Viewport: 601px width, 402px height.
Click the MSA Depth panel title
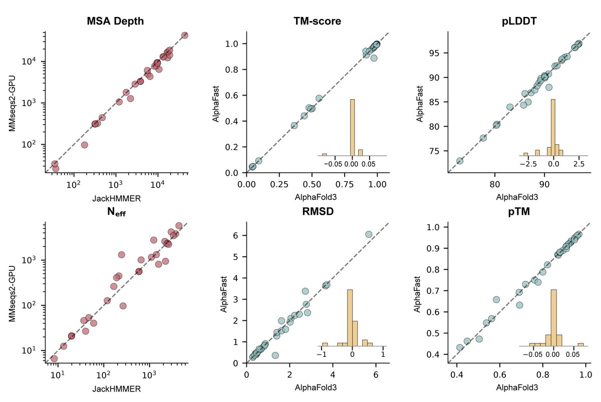pos(115,21)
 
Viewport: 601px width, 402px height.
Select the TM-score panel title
pos(318,21)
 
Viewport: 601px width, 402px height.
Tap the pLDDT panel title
pos(519,21)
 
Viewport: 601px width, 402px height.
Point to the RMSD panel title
pos(318,211)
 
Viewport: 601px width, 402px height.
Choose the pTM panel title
pos(519,212)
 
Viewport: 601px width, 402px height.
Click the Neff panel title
pos(116,212)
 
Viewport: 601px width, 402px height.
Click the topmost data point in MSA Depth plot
pos(185,35)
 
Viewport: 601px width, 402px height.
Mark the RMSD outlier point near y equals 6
pos(369,234)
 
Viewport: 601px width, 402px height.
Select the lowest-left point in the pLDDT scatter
pos(460,161)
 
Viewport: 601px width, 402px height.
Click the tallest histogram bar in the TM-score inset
pos(353,127)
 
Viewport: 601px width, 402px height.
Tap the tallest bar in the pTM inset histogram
pos(554,318)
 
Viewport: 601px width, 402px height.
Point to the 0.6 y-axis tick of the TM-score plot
pos(245,96)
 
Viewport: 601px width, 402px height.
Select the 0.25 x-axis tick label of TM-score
pos(279,184)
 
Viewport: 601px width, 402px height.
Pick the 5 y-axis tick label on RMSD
pos(235,257)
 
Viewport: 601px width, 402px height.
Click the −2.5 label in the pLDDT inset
pos(528,164)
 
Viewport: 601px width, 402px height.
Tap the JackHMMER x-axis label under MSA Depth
pos(116,198)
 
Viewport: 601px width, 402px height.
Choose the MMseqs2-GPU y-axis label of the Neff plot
pos(12,294)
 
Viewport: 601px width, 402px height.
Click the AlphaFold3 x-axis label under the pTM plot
pos(517,387)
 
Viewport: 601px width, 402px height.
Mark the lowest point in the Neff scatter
pos(54,359)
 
